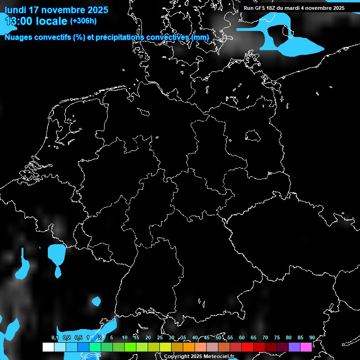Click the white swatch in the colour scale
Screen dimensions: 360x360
point(48,347)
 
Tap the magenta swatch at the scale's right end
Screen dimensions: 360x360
point(306,347)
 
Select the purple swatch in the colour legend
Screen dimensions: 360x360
point(294,347)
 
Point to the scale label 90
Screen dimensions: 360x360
point(312,338)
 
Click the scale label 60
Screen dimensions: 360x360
point(242,338)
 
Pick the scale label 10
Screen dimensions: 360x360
point(124,338)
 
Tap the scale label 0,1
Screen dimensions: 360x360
point(55,338)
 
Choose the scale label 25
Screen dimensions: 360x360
point(159,338)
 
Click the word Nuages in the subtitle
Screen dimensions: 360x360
point(19,37)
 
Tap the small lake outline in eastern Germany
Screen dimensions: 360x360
point(253,135)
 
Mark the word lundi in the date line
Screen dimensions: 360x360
point(15,10)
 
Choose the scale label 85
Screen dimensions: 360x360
point(300,338)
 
